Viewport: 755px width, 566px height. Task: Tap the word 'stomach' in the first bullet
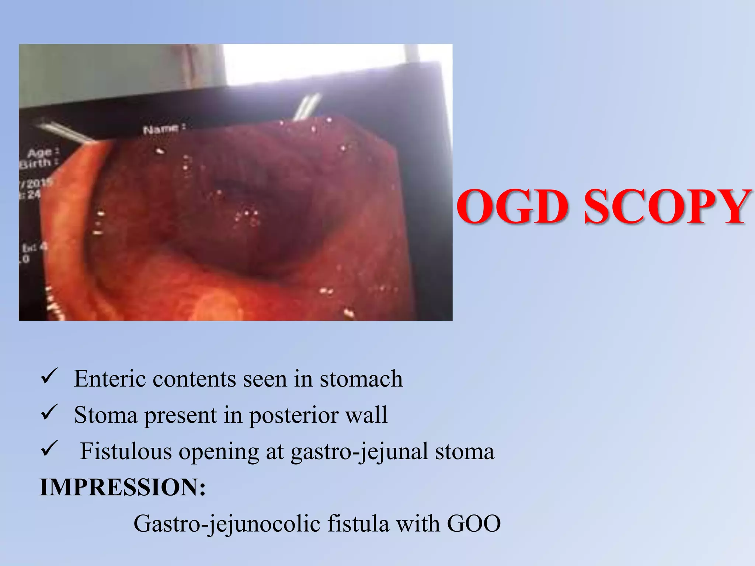tap(361, 379)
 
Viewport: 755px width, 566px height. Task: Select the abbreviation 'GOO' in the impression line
tap(474, 523)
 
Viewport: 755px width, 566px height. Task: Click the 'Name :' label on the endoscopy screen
tap(164, 129)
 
